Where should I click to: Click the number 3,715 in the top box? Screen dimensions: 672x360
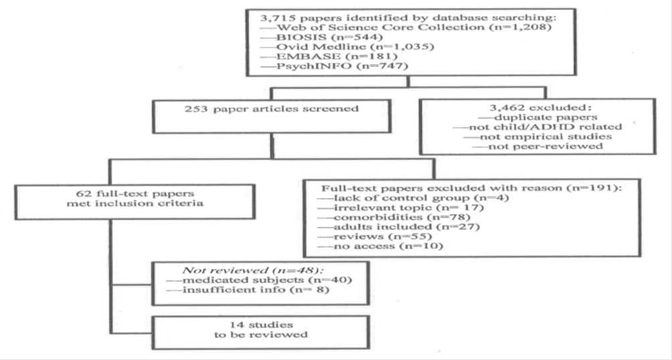coord(272,17)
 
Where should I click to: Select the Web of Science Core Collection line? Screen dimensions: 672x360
coord(406,27)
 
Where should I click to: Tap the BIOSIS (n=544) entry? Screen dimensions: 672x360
coord(321,37)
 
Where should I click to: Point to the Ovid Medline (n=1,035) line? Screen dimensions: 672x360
coord(347,47)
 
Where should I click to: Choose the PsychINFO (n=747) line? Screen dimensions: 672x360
coord(334,66)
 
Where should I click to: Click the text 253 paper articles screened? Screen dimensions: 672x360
coord(272,109)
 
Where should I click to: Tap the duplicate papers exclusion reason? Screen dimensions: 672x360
coord(538,117)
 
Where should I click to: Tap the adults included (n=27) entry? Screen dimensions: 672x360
coord(398,227)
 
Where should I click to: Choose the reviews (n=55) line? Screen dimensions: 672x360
coord(375,237)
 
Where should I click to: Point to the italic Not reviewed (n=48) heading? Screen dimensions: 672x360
coord(253,270)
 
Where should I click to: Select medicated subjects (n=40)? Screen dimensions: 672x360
coord(259,280)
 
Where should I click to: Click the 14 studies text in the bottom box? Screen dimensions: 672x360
coord(260,325)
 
